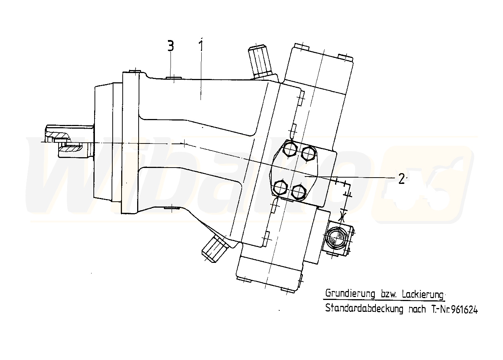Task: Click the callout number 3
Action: [x=171, y=46]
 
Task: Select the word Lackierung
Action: [x=423, y=294]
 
